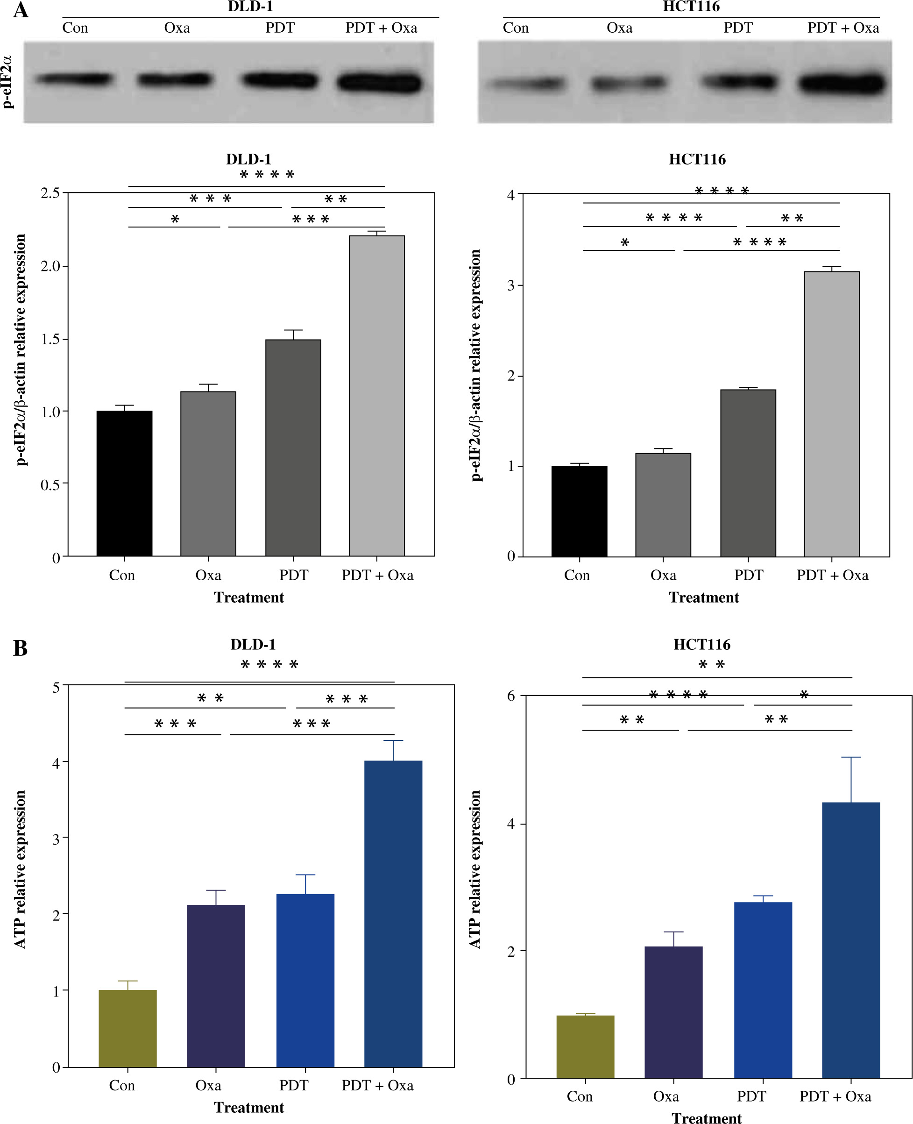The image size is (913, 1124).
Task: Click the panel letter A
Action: click(21, 10)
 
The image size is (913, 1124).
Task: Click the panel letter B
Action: click(21, 648)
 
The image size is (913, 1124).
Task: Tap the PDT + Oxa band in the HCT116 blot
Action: click(842, 84)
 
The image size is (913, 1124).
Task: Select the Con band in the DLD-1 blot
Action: click(74, 79)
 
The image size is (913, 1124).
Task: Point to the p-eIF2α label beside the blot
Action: click(7, 82)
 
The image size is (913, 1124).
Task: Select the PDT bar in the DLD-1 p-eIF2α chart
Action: click(293, 447)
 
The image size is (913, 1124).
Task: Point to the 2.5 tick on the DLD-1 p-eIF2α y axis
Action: click(50, 193)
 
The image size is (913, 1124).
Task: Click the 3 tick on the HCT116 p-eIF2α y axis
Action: click(510, 285)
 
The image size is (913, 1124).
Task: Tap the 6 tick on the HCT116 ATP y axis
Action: click(510, 696)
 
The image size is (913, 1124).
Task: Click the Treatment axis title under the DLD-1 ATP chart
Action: click(249, 1107)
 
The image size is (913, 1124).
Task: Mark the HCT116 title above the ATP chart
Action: click(701, 644)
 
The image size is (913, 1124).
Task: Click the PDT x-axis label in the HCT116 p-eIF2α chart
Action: click(749, 575)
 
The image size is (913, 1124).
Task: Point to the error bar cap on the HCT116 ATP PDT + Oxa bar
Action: click(850, 757)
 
